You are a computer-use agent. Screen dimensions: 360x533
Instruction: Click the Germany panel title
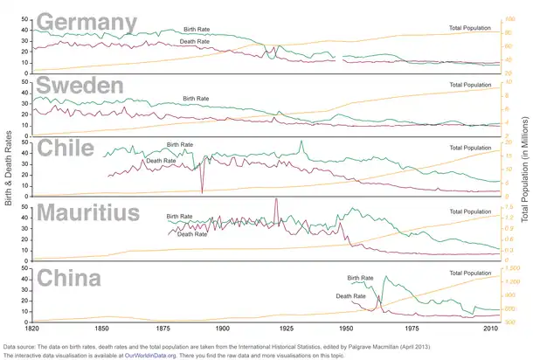tap(87, 22)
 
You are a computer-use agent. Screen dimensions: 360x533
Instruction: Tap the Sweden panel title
tap(79, 85)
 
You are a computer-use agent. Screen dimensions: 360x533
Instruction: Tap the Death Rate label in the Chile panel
tap(161, 161)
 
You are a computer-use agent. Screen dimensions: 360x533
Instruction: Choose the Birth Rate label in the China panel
tap(360, 278)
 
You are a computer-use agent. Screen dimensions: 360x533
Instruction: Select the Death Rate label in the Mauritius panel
tap(192, 233)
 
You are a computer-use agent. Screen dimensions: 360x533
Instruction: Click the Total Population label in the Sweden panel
tap(470, 86)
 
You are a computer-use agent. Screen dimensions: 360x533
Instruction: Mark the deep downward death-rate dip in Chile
tap(202, 190)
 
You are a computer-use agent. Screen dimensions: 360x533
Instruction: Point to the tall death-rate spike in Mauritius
tap(276, 200)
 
